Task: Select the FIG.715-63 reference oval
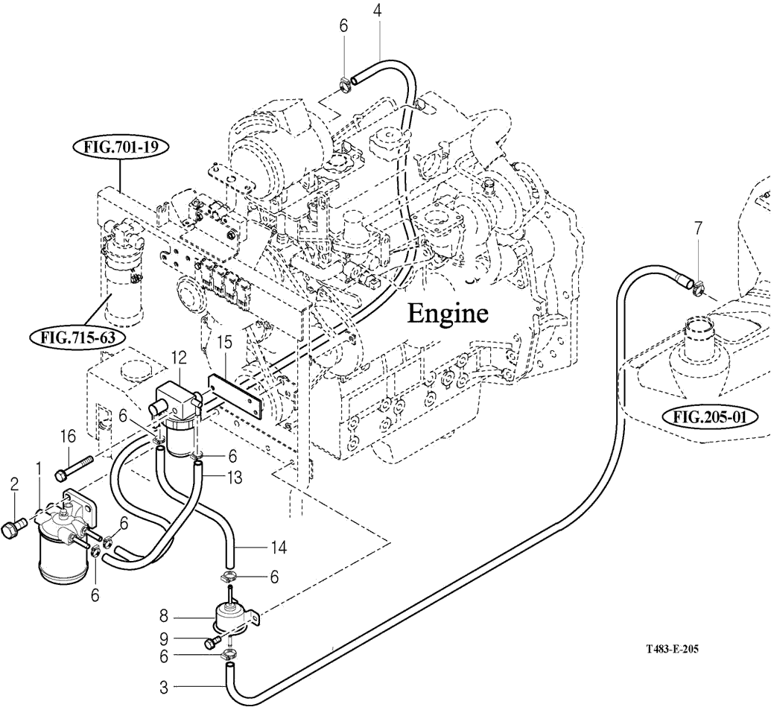coord(76,337)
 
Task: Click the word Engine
coord(447,314)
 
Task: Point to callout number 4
coord(378,12)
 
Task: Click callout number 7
coord(698,229)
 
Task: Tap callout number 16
coord(68,436)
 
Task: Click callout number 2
coord(13,484)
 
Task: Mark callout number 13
coord(235,478)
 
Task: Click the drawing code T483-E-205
coord(672,649)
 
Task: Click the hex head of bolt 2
coord(10,530)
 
